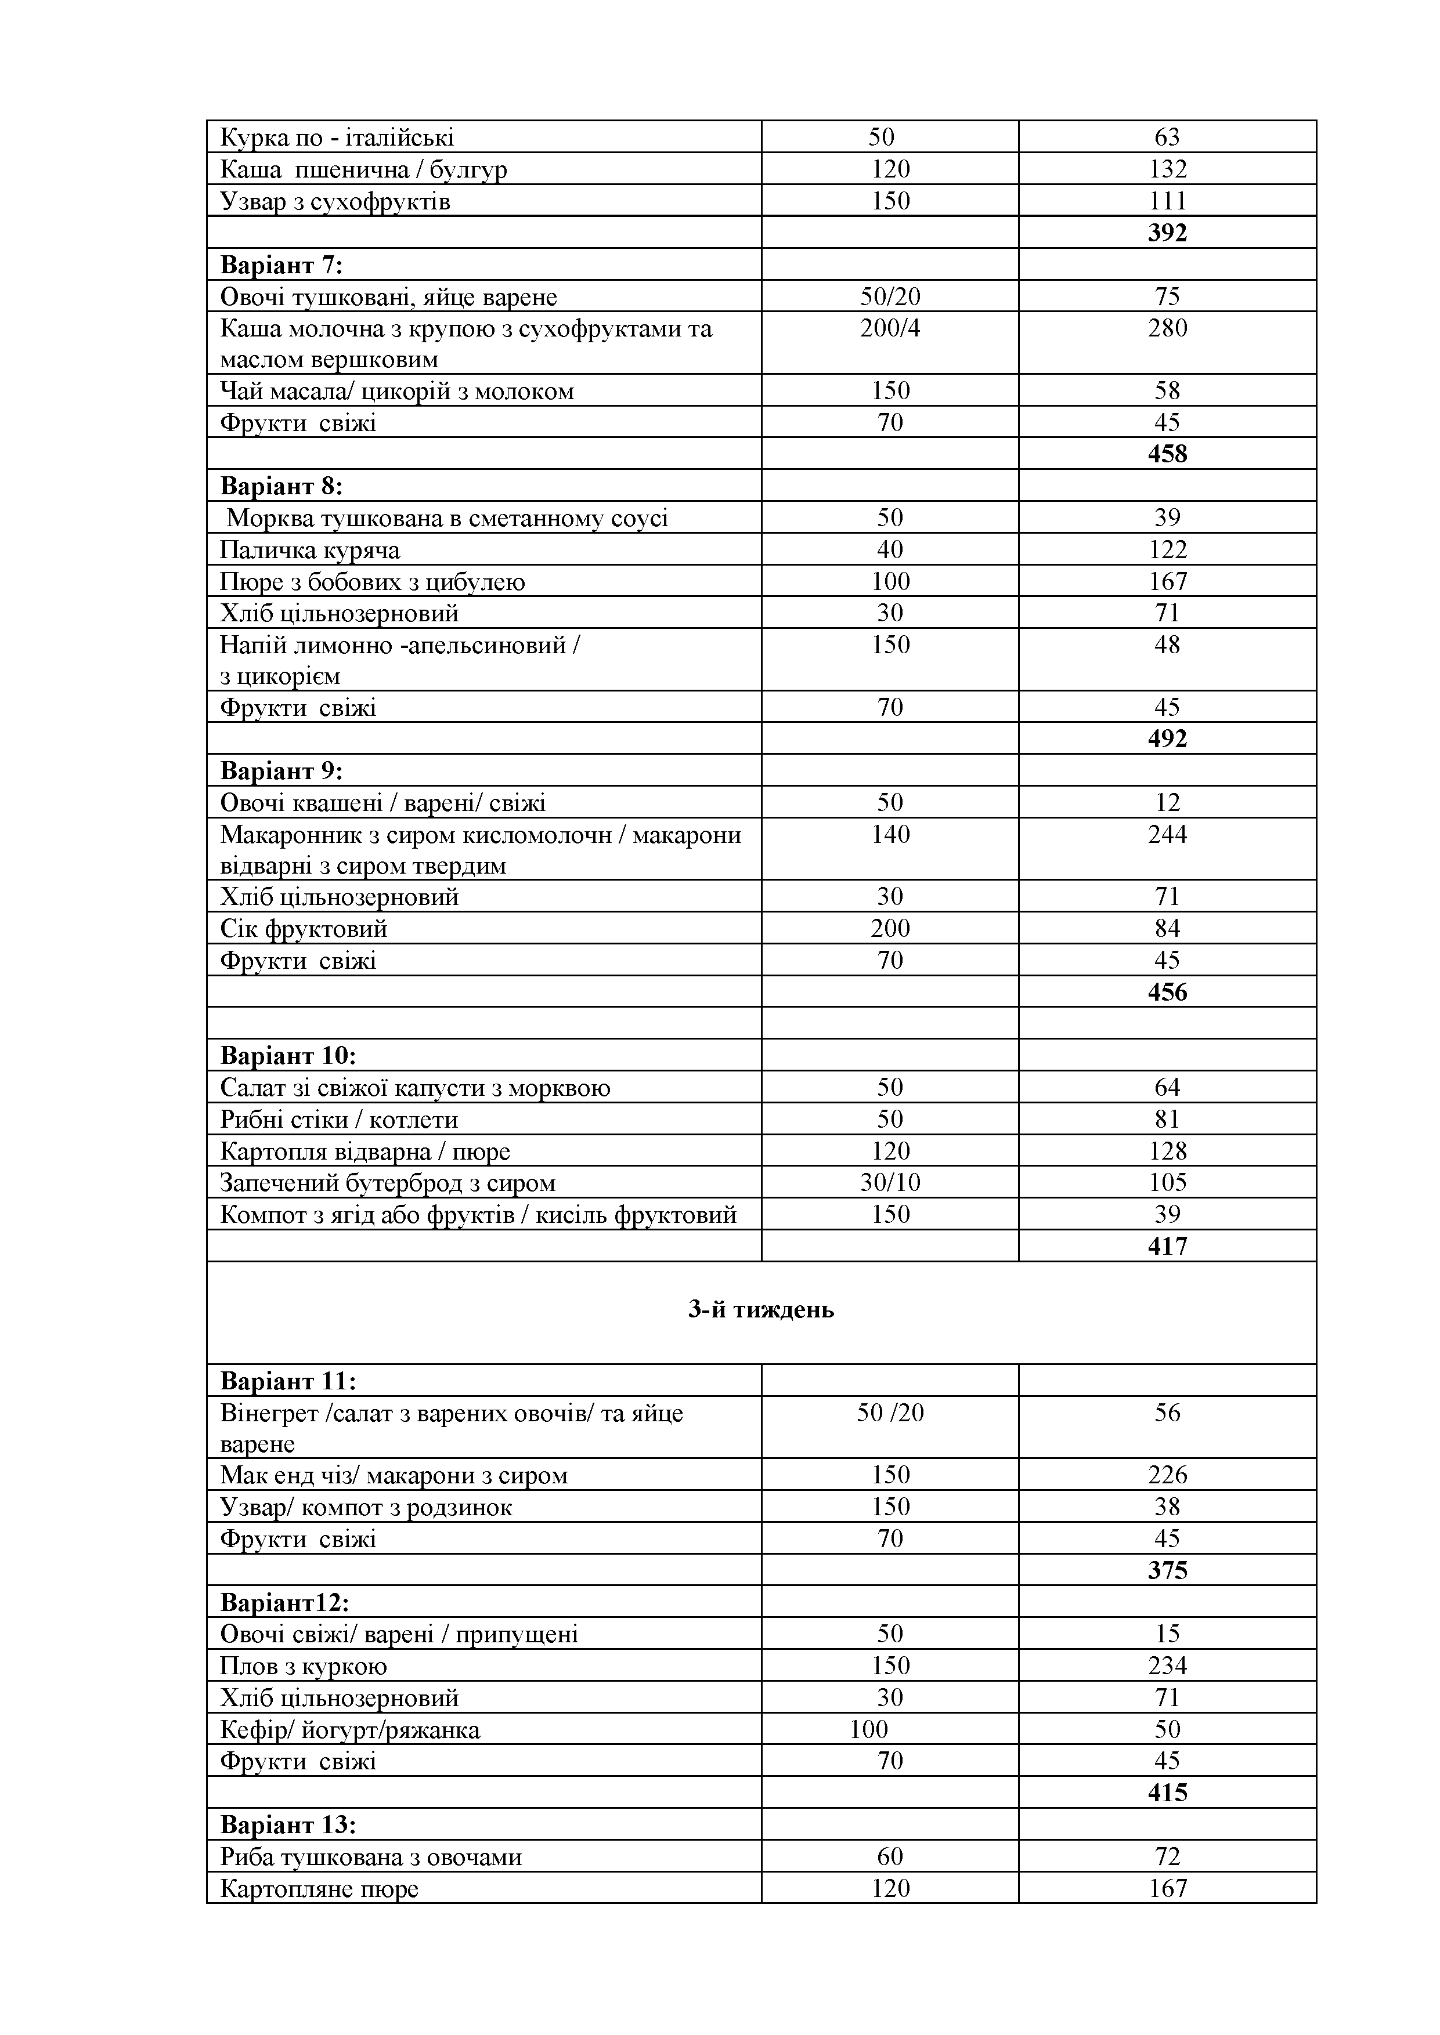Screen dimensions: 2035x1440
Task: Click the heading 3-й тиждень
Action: (761, 1310)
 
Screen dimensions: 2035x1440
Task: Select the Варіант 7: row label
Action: (281, 265)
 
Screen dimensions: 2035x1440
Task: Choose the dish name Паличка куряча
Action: (309, 551)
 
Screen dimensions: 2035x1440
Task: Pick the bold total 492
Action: (1167, 738)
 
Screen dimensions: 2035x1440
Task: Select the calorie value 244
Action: (1167, 834)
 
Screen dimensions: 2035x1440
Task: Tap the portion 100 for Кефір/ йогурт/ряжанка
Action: (869, 1729)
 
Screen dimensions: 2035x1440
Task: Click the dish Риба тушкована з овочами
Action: (371, 1857)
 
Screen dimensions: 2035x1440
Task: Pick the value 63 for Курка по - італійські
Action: (1167, 137)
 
